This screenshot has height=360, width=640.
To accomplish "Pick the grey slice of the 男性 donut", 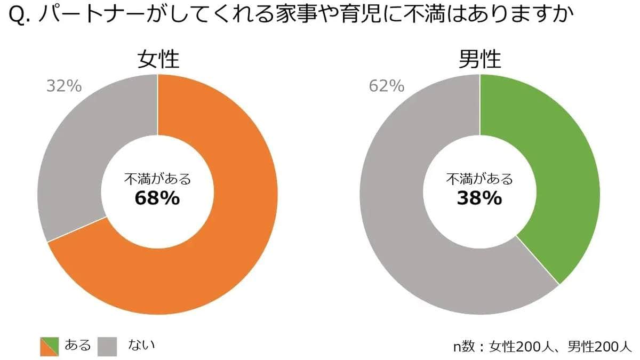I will pyautogui.click(x=405, y=224).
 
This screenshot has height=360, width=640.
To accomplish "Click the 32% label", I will pyautogui.click(x=64, y=86).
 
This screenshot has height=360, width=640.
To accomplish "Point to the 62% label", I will pyautogui.click(x=387, y=86).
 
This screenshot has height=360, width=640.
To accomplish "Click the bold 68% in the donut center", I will pyautogui.click(x=157, y=198).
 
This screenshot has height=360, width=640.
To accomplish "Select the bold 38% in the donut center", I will pyautogui.click(x=479, y=198).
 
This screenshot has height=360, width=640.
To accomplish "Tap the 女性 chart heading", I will pyautogui.click(x=158, y=60).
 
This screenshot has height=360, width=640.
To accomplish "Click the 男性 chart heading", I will pyautogui.click(x=480, y=60).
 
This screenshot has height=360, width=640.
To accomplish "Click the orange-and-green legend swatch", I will pyautogui.click(x=50, y=346).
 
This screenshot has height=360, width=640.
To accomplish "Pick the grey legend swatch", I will pyautogui.click(x=107, y=346).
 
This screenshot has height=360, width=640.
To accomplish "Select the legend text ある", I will pyautogui.click(x=77, y=345).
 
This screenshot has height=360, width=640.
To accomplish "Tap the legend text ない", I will pyautogui.click(x=141, y=345).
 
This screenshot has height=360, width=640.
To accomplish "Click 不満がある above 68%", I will pyautogui.click(x=157, y=179).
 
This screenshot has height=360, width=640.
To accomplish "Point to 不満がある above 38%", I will pyautogui.click(x=479, y=179).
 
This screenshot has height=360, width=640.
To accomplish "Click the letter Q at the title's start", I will pyautogui.click(x=17, y=18).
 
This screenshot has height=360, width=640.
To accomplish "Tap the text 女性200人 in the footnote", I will pyautogui.click(x=521, y=346).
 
